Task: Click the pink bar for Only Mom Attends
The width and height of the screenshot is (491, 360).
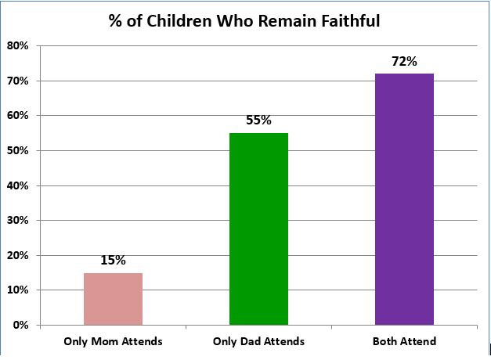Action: point(113,298)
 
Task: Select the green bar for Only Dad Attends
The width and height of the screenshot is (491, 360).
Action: point(258,229)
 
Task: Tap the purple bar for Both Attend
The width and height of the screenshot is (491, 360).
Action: point(404,199)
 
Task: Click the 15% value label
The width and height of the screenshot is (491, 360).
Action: point(113,261)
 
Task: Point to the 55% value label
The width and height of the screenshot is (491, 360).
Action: point(258,121)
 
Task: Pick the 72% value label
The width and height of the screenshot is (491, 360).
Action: point(404,61)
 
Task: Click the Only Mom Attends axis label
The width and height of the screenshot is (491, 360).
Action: point(113,341)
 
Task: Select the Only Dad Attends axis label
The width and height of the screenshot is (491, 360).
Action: point(258,341)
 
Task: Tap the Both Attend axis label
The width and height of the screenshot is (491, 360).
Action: point(405,341)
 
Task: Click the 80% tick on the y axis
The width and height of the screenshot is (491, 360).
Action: point(19,46)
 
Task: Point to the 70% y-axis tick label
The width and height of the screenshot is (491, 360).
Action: point(19,81)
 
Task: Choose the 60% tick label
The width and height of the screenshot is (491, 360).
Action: point(19,116)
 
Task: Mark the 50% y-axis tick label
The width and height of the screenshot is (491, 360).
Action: point(19,150)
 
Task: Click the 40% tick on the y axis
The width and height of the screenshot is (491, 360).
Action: point(19,185)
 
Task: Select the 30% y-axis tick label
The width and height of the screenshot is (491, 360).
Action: point(19,220)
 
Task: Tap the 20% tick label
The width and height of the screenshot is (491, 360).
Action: point(19,255)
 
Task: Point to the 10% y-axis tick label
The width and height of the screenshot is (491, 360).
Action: point(19,290)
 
